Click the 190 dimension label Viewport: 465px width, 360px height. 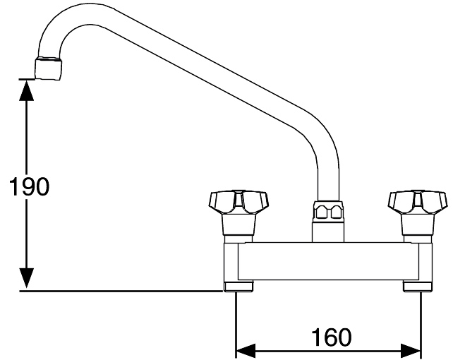click(x=30, y=186)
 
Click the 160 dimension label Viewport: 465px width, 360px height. click(x=331, y=337)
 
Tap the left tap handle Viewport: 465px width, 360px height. click(x=238, y=203)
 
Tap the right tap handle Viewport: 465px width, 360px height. click(x=418, y=203)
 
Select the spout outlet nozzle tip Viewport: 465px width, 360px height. click(x=49, y=68)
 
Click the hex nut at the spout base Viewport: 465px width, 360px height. click(x=328, y=210)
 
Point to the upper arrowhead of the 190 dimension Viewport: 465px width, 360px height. click(x=27, y=90)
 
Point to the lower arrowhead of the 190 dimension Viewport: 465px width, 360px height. click(x=27, y=278)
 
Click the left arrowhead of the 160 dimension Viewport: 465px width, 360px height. click(x=246, y=351)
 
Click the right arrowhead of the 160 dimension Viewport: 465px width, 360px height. click(x=411, y=351)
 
